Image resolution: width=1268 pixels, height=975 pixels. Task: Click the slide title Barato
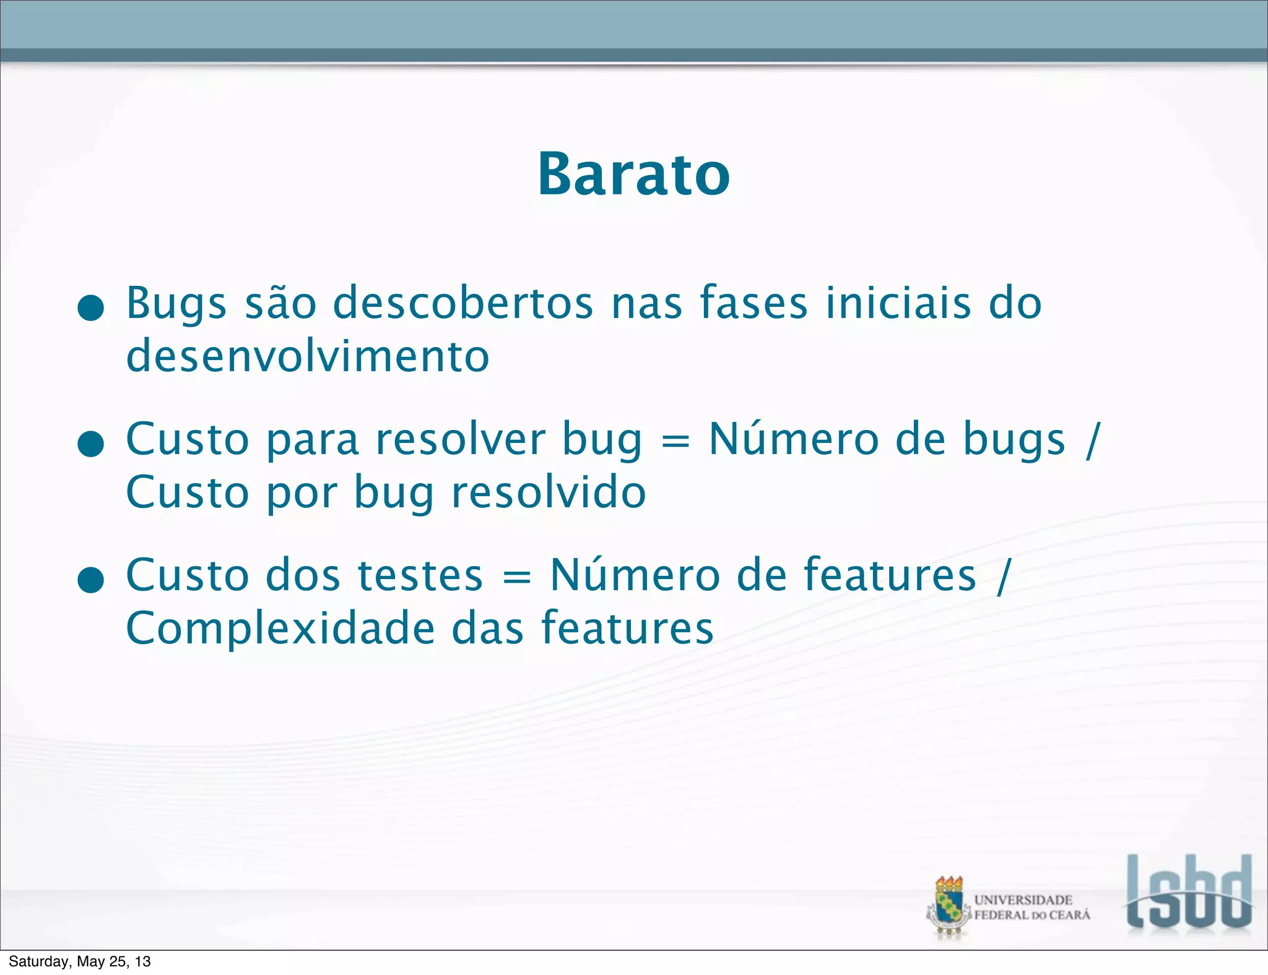tap(633, 174)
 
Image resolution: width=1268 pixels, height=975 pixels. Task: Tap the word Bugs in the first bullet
tap(176, 304)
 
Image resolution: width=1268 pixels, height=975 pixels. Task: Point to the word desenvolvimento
tap(308, 357)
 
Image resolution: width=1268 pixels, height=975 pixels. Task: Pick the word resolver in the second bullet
tap(461, 440)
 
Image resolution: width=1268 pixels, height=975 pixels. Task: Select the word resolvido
tap(549, 493)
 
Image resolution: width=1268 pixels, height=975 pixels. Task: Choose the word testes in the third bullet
tap(420, 576)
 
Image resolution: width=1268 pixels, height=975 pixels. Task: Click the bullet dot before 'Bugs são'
tap(91, 307)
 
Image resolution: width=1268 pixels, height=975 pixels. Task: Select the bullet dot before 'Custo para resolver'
tap(91, 444)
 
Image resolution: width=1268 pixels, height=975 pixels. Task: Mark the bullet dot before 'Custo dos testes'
tap(91, 580)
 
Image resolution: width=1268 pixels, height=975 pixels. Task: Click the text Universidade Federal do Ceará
tap(1032, 908)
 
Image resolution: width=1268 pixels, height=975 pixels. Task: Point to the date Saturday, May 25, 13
tap(80, 961)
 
